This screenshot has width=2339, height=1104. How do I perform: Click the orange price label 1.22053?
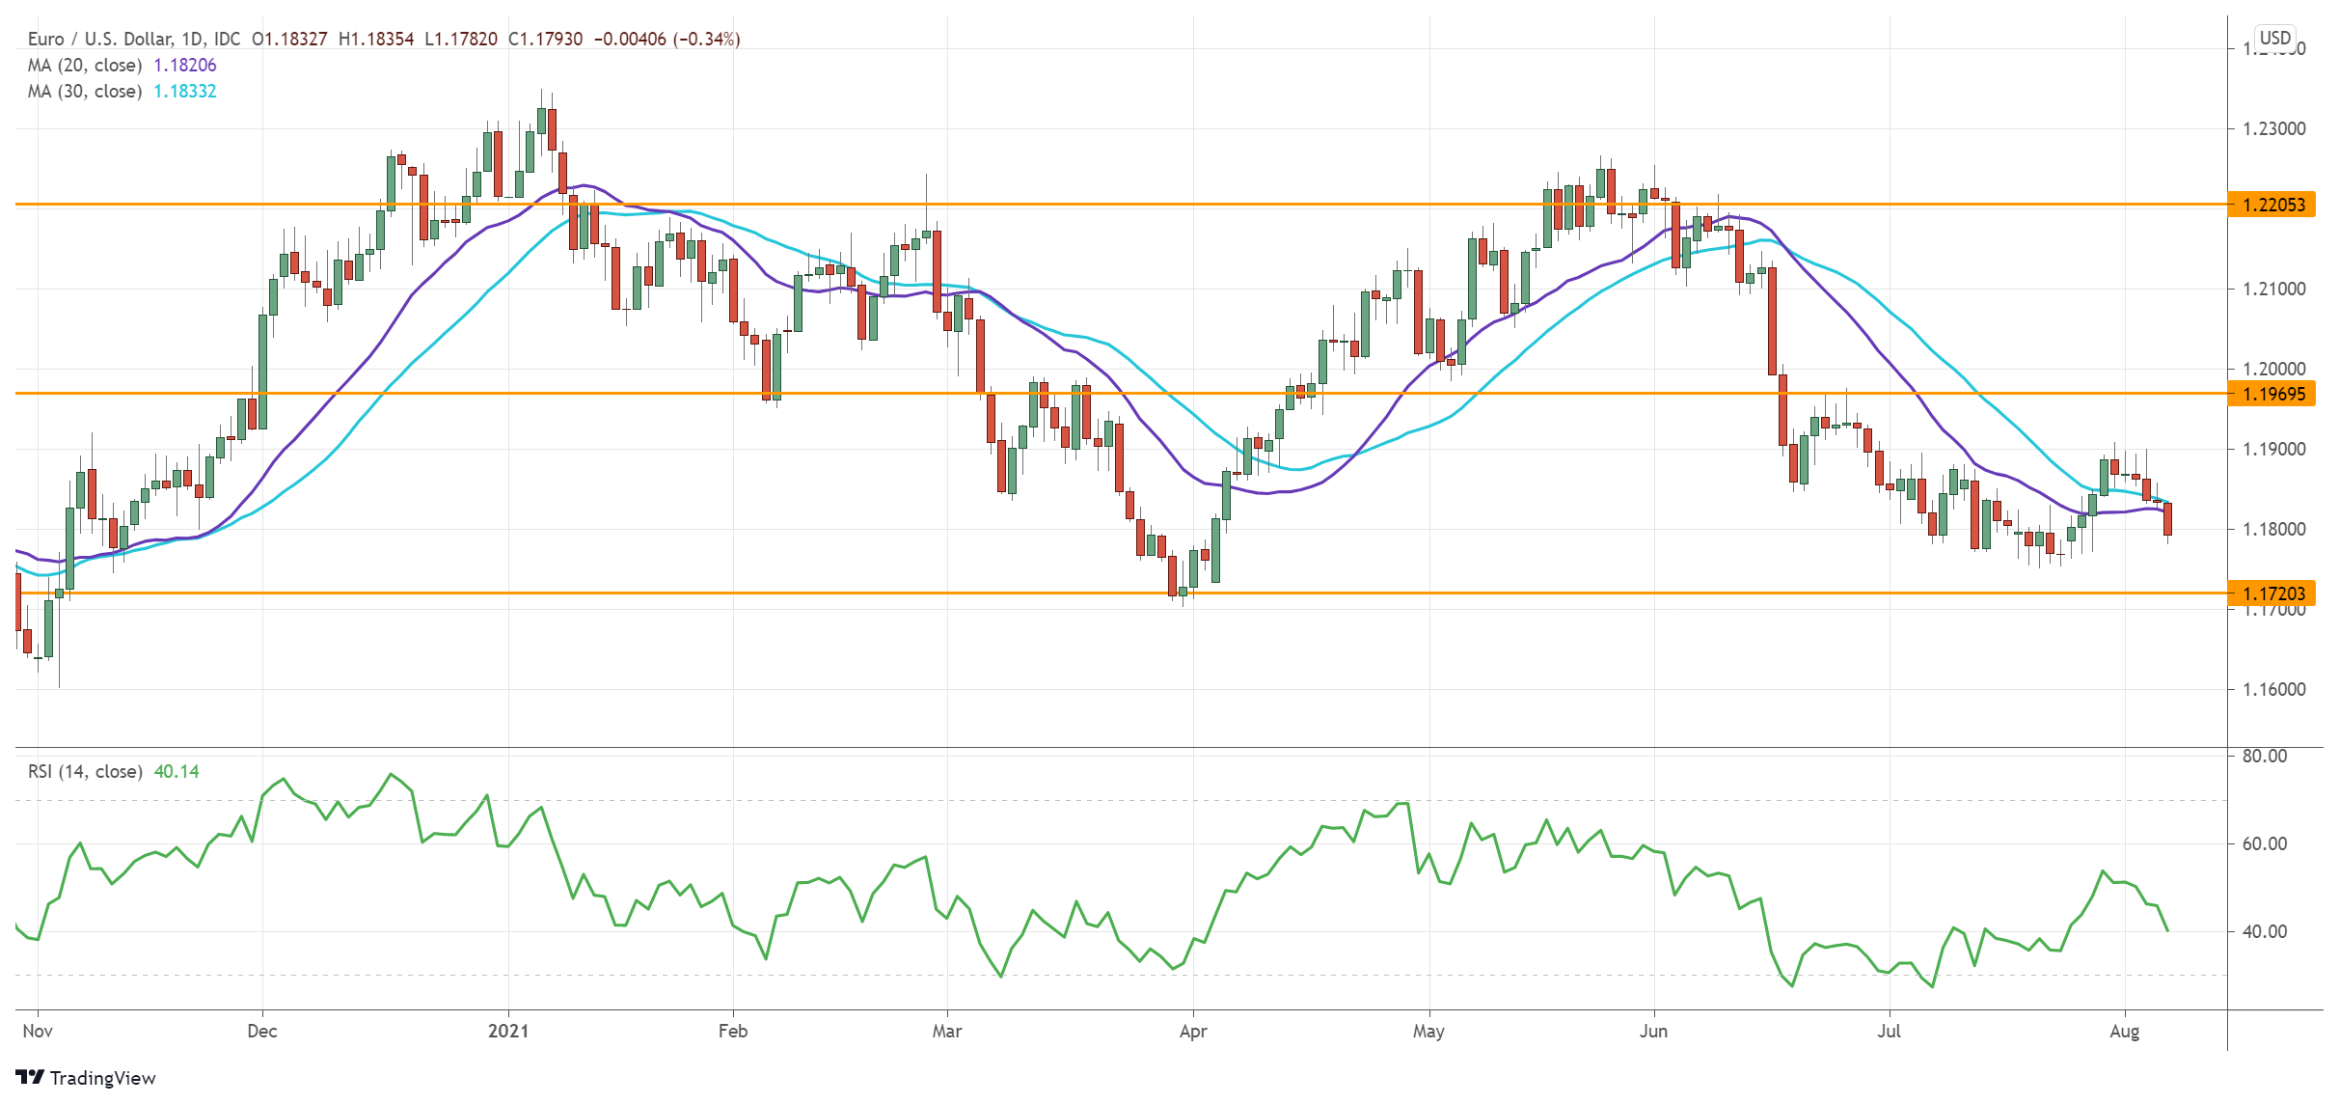(x=2273, y=205)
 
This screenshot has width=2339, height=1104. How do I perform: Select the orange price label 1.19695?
(x=2273, y=394)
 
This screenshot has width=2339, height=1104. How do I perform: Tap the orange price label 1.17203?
(x=2273, y=593)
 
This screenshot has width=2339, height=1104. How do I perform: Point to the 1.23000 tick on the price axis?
(x=2273, y=128)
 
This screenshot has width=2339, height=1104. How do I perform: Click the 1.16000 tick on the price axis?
(x=2273, y=689)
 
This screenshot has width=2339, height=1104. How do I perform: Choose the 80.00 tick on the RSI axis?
(x=2264, y=756)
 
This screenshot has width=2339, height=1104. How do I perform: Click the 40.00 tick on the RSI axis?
(x=2264, y=931)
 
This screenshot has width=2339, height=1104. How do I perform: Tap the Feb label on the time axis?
(x=732, y=1031)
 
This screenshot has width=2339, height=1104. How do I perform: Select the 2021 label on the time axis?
(x=508, y=1031)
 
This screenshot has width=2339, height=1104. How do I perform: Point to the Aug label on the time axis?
(x=2124, y=1031)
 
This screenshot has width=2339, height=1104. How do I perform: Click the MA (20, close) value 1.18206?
(x=185, y=65)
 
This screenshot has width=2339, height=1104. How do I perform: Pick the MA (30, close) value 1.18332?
(x=185, y=91)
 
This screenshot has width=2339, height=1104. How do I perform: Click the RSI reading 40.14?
(x=177, y=771)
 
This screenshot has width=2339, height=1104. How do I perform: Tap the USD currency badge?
(x=2274, y=38)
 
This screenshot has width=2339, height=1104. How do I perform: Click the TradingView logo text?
(x=102, y=1078)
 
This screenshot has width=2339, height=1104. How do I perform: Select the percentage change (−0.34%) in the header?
(x=706, y=39)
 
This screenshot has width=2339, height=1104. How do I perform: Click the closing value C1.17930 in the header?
(x=546, y=39)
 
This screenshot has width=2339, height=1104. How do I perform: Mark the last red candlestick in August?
(x=2167, y=519)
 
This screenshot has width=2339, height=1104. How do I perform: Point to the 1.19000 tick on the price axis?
(x=2273, y=449)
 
